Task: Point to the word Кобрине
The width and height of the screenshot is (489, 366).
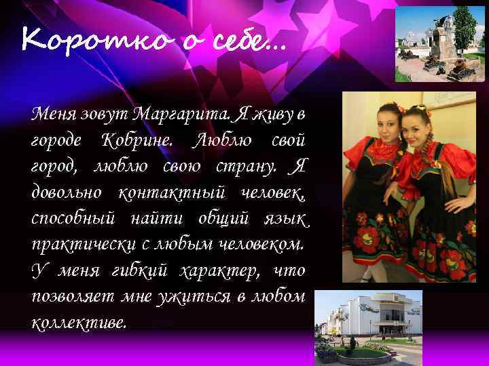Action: point(139,141)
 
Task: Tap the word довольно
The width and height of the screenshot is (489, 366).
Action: point(67,192)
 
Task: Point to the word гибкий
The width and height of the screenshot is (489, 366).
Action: point(134,269)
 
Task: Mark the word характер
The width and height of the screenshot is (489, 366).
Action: point(216,269)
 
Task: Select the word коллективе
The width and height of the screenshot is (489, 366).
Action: point(79,321)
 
